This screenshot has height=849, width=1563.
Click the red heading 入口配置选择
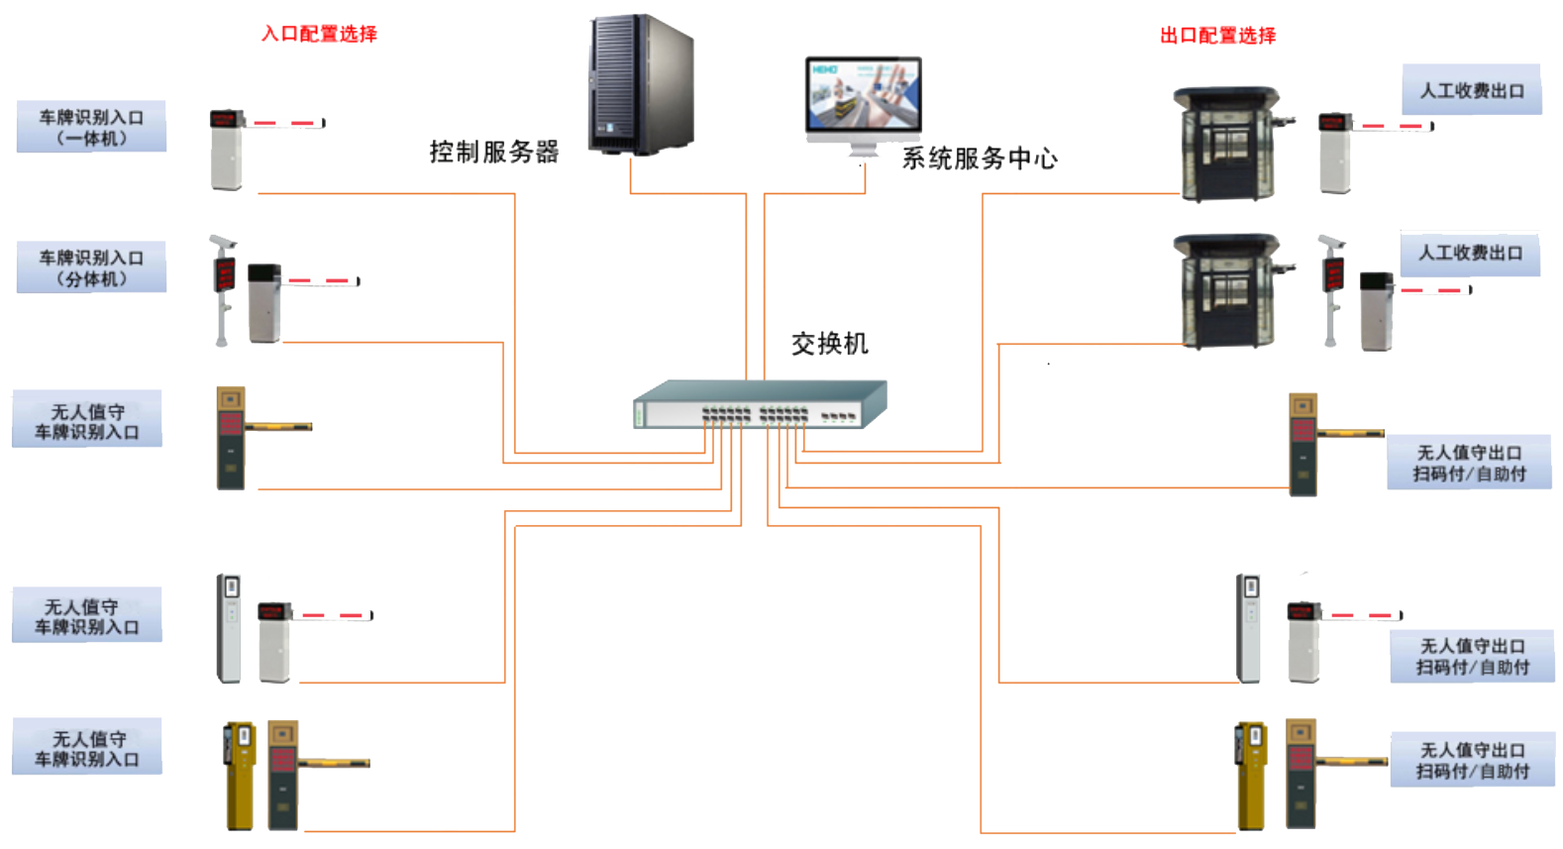(319, 34)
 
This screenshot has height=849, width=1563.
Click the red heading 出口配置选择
(1217, 36)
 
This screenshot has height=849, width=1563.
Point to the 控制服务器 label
(494, 152)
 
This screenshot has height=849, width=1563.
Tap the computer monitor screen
(864, 95)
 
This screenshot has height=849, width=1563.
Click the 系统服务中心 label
(979, 159)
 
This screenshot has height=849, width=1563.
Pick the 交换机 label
(829, 344)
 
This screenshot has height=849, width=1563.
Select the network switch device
(760, 404)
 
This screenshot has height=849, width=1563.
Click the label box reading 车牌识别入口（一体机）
(91, 128)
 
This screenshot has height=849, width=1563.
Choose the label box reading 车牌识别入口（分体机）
(91, 268)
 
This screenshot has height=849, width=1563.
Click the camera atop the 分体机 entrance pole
(222, 242)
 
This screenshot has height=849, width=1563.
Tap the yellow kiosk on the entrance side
(240, 775)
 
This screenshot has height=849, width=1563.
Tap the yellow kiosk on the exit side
(1251, 776)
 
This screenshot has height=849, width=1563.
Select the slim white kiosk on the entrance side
(229, 627)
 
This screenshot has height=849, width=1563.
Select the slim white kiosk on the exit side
(1248, 627)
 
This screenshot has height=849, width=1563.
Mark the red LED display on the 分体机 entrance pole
(225, 273)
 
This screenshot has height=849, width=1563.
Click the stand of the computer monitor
(863, 148)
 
